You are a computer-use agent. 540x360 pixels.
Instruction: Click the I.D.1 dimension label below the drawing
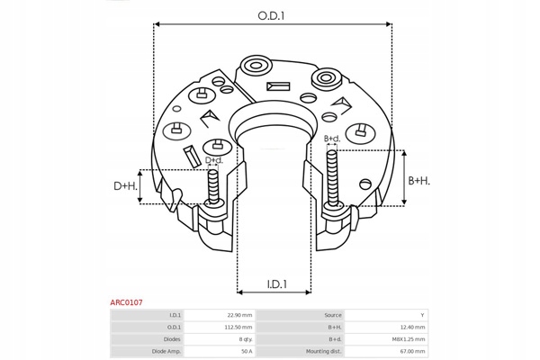click(276, 284)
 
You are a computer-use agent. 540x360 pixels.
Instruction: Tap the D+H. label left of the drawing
click(125, 186)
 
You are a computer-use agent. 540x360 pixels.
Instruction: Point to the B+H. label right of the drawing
click(419, 181)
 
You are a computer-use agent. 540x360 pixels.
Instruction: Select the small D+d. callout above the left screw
click(213, 161)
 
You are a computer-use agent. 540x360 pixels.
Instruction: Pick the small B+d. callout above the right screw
click(331, 139)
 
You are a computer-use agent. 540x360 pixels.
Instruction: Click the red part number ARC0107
click(126, 303)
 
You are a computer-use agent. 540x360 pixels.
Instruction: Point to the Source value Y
click(422, 315)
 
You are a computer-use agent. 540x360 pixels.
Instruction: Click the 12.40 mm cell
click(411, 327)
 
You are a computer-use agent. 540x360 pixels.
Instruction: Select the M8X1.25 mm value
click(409, 338)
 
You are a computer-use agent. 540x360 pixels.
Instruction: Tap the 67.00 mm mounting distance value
click(411, 350)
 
